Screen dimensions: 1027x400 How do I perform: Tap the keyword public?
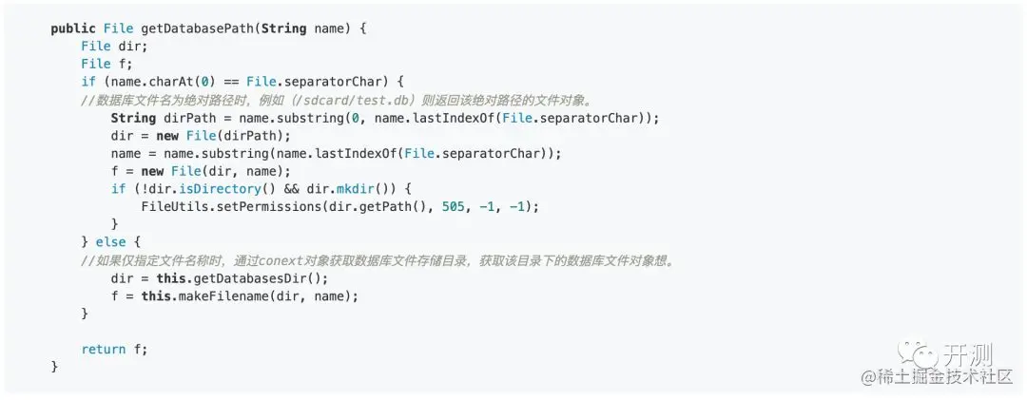(73, 29)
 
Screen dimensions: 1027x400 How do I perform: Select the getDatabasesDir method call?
(252, 278)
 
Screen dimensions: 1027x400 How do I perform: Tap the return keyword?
(104, 350)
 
